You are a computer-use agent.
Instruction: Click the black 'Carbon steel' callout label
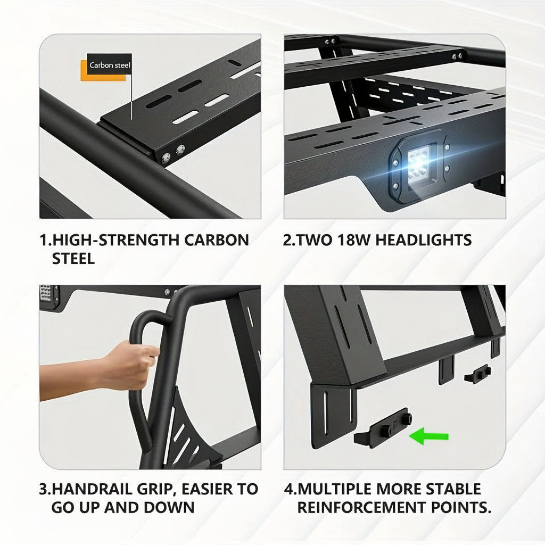pyautogui.click(x=109, y=64)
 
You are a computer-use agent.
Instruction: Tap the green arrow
pyautogui.click(x=429, y=436)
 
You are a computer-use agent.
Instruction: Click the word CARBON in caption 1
pyautogui.click(x=217, y=240)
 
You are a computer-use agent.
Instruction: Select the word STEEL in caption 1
pyautogui.click(x=73, y=259)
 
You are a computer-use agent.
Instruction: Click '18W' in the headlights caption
pyautogui.click(x=353, y=240)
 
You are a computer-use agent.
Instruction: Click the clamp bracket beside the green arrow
pyautogui.click(x=383, y=428)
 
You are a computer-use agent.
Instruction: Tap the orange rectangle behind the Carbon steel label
pyautogui.click(x=103, y=71)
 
